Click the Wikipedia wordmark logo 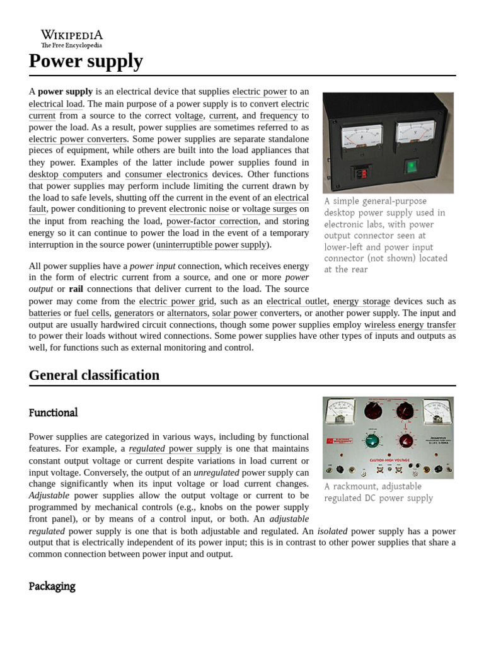(71, 38)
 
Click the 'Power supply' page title (86, 62)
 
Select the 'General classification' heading (94, 375)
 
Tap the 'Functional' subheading (53, 413)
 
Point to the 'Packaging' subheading (52, 586)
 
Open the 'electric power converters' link (78, 139)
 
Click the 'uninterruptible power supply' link (211, 244)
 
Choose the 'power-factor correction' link (212, 221)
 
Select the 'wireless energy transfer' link (410, 324)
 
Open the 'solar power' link (234, 313)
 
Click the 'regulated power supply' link (175, 448)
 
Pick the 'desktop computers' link (66, 174)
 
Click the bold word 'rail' (76, 289)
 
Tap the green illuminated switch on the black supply (411, 167)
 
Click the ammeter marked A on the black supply (361, 137)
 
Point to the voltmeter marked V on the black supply (415, 134)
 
